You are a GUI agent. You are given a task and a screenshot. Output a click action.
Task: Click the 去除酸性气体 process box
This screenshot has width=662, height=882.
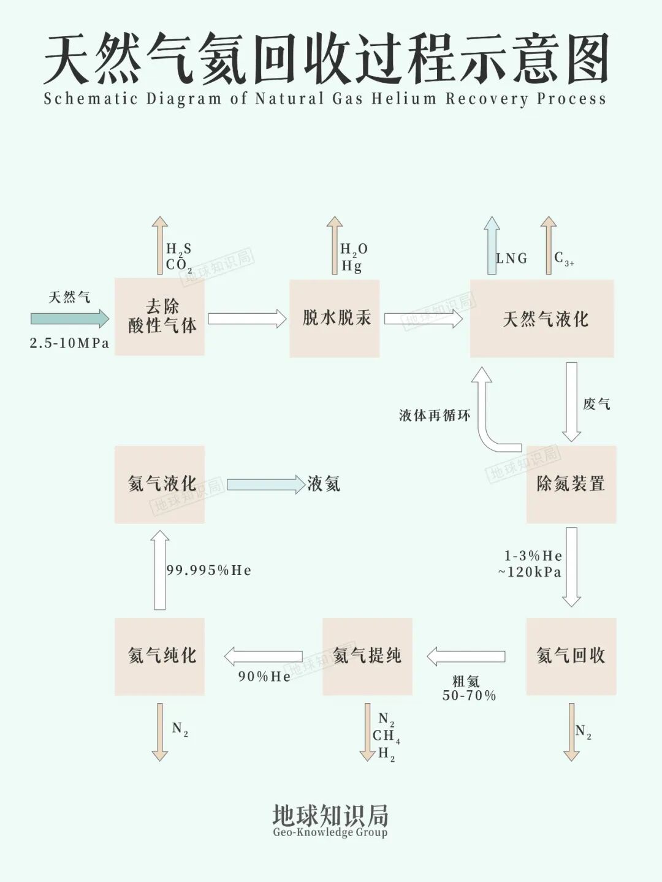159,317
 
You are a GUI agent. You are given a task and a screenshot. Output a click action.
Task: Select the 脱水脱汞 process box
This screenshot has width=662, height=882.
335,318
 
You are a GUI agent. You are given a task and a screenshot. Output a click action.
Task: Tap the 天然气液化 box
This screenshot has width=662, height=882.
542,318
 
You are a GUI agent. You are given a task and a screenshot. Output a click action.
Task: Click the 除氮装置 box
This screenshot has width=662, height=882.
571,484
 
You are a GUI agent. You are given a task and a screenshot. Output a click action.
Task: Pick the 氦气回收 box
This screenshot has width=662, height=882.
571,656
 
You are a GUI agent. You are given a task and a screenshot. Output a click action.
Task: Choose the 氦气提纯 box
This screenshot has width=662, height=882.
367,656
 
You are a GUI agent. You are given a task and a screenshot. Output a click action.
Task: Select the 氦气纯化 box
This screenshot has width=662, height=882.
159,656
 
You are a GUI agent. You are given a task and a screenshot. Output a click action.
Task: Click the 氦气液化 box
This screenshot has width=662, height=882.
159,484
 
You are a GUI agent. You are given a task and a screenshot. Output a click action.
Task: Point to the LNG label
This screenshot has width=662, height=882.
512,259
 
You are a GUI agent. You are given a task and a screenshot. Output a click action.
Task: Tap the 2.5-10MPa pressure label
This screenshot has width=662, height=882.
69,343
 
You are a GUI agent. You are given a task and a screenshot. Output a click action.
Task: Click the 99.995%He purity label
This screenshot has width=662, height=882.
209,571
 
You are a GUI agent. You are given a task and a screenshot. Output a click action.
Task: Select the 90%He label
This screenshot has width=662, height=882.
264,677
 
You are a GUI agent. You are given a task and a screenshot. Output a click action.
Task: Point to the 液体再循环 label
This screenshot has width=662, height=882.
435,416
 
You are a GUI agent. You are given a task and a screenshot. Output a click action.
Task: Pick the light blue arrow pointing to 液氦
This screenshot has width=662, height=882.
265,484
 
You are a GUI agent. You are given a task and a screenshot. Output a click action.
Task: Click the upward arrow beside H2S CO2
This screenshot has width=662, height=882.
160,245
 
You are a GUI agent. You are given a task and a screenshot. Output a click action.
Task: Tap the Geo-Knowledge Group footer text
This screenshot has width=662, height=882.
330,832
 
